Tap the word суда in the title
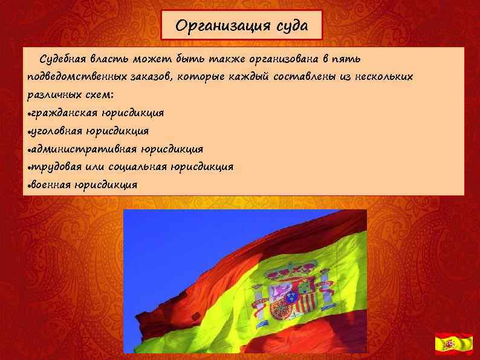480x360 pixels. [x=287, y=26]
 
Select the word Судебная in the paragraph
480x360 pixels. [x=63, y=59]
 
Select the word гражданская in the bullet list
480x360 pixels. [x=61, y=113]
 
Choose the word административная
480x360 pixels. [x=83, y=149]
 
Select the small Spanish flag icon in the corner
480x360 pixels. [x=454, y=343]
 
